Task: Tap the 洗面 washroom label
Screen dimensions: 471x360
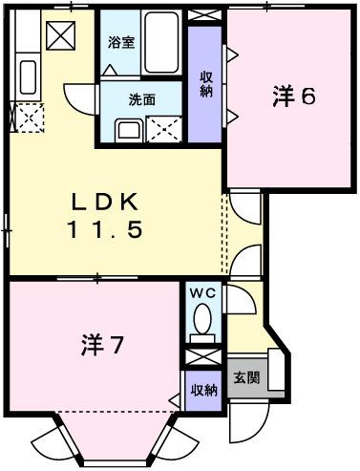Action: coord(116,99)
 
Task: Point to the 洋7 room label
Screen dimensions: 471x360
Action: coord(100,344)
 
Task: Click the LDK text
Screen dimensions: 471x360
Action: coord(106,203)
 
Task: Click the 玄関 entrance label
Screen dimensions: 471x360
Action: coord(245,376)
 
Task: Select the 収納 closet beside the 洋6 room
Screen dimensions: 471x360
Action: coord(205,82)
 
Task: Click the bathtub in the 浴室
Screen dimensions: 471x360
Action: coord(163,43)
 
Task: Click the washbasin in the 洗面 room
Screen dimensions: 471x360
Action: coord(127,130)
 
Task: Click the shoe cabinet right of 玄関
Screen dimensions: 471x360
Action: coord(274,371)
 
